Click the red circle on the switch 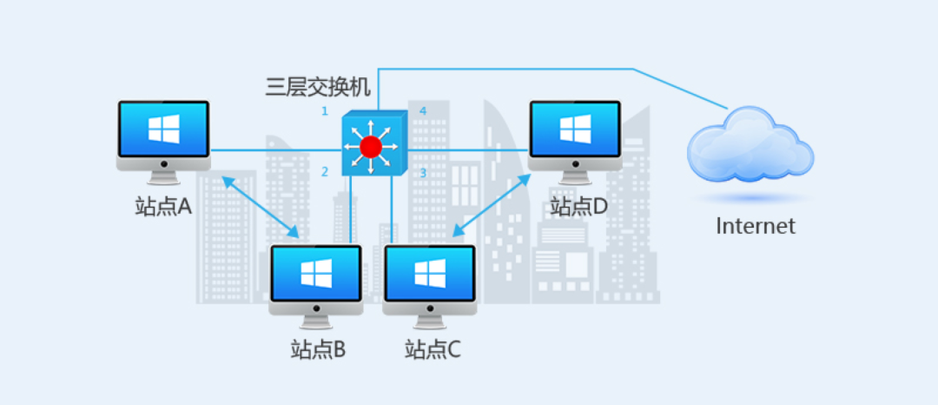371,146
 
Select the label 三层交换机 318,86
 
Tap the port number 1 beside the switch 324,111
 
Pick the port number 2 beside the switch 325,172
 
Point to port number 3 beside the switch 423,173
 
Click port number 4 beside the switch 423,111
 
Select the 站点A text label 163,207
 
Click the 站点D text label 579,207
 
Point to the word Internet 755,226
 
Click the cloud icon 750,145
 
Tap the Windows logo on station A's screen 163,129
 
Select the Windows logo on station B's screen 316,273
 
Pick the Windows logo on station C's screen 429,273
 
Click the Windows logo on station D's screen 575,129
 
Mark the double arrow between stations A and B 261,208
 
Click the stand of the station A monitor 163,176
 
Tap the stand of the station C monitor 429,319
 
